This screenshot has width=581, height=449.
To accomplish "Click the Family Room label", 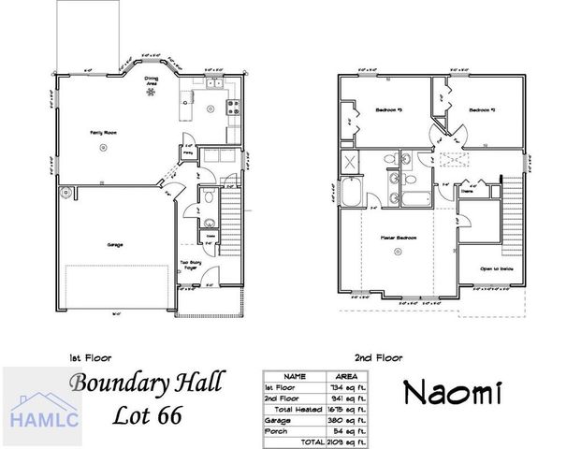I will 102,134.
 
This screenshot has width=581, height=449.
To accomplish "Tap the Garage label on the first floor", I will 114,245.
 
